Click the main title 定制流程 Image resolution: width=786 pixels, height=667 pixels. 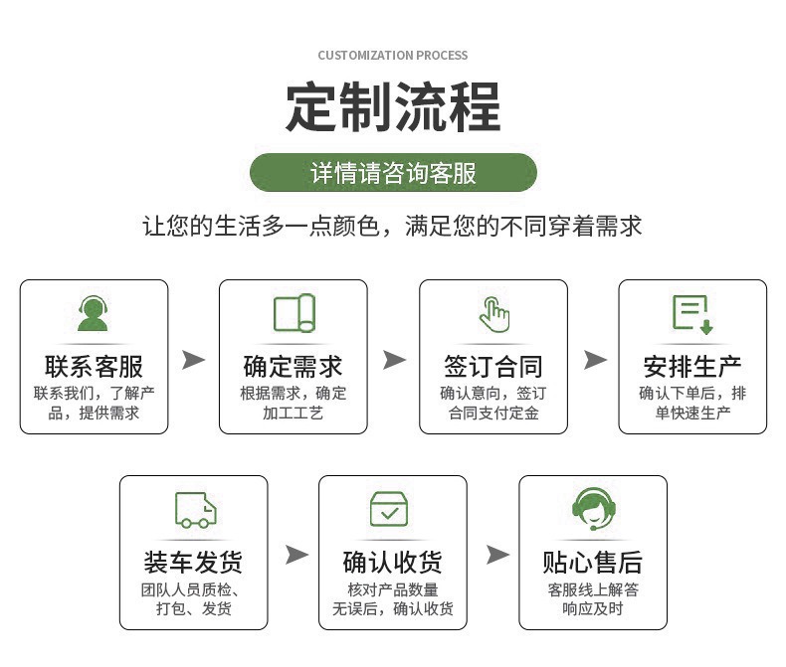pos(393,107)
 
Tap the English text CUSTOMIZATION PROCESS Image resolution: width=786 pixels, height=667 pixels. pos(393,56)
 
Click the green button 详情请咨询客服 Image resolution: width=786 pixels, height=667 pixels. pos(393,173)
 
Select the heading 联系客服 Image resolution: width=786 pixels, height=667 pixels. pos(94,366)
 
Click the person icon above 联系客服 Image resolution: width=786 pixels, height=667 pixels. pos(94,313)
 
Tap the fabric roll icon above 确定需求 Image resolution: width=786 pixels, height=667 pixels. pos(294,313)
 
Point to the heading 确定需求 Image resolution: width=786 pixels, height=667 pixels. pos(294,366)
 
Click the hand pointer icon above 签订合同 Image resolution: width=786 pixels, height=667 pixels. pos(493,313)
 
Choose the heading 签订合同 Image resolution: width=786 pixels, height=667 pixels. pos(493,366)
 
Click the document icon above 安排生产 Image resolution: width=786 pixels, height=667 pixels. pos(692,313)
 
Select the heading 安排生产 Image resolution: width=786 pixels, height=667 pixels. pos(692,366)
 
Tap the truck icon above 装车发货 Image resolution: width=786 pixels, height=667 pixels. pos(194,509)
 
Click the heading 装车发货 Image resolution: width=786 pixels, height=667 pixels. pos(194,563)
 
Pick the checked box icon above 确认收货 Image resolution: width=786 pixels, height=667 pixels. pos(393,509)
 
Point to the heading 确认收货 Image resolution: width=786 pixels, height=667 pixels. pos(393,563)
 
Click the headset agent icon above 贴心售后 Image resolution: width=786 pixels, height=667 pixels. pos(593,509)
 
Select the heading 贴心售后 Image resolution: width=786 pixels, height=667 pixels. pos(593,563)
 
